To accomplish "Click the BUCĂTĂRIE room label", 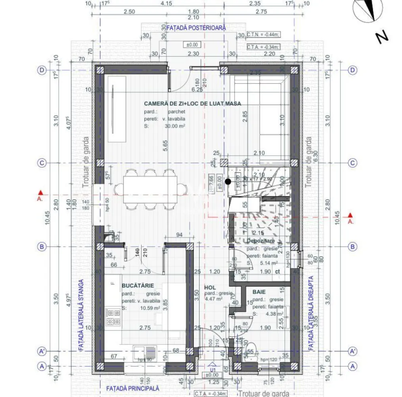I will [137, 286].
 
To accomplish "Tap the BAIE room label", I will [260, 292].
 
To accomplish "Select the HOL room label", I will [210, 287].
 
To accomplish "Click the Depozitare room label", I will [260, 241].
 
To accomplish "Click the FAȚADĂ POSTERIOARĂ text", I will [196, 28].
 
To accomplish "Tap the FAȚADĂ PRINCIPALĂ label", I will [132, 388].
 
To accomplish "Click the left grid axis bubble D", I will [42, 70].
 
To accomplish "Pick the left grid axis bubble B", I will [42, 247].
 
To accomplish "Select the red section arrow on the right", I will [350, 216].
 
